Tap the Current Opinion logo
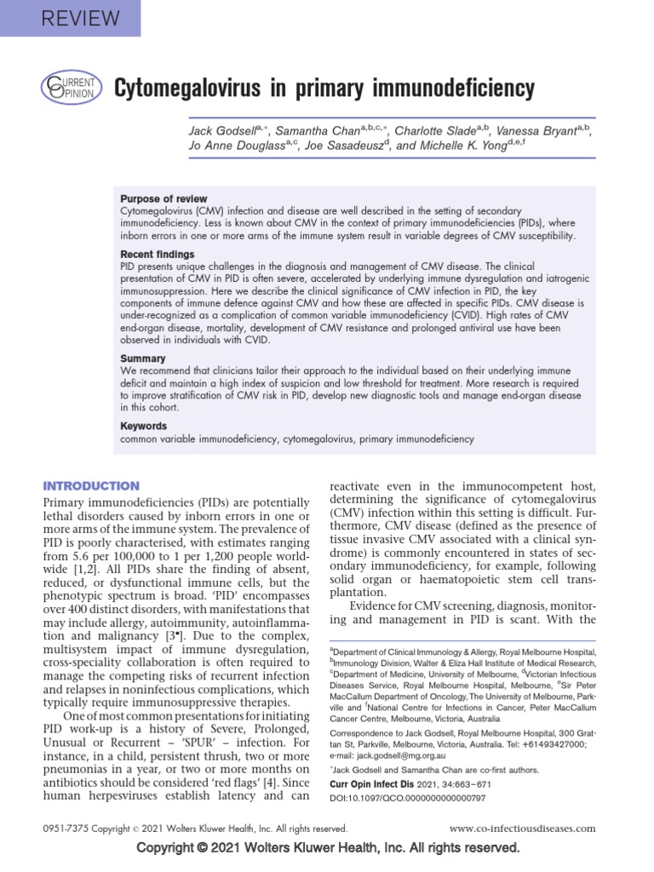[x=72, y=89]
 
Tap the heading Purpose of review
[x=163, y=198]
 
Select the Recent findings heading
[x=158, y=254]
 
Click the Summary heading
[x=142, y=359]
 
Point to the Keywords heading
[x=144, y=426]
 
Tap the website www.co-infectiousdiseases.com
[x=522, y=828]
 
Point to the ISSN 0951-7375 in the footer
[x=65, y=828]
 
